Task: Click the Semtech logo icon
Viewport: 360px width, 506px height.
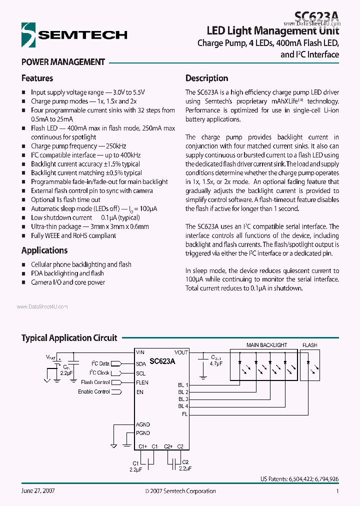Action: (29, 35)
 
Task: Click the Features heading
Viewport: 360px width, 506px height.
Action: (37, 78)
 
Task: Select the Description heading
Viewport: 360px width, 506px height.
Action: (206, 78)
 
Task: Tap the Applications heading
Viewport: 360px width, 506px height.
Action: (44, 250)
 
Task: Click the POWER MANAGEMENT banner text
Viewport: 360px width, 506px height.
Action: (63, 62)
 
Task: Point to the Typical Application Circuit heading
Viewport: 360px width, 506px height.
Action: (69, 338)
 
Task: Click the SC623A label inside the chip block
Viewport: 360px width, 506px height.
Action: (162, 360)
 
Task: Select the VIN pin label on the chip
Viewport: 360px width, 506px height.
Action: (140, 352)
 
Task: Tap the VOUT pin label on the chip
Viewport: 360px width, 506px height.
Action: (181, 352)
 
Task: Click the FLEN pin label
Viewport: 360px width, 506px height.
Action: (142, 382)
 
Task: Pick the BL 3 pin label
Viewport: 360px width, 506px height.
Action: (183, 399)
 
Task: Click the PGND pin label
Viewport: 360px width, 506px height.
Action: (142, 433)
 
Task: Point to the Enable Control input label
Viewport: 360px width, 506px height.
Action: (93, 392)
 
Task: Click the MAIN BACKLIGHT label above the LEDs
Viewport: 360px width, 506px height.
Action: (266, 345)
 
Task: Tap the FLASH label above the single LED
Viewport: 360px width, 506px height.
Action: (309, 345)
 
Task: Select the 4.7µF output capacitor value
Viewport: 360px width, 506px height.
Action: (216, 364)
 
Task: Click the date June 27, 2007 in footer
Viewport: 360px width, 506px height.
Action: (38, 491)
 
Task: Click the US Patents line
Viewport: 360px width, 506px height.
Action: (299, 479)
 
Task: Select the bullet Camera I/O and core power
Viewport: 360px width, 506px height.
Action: (68, 282)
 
